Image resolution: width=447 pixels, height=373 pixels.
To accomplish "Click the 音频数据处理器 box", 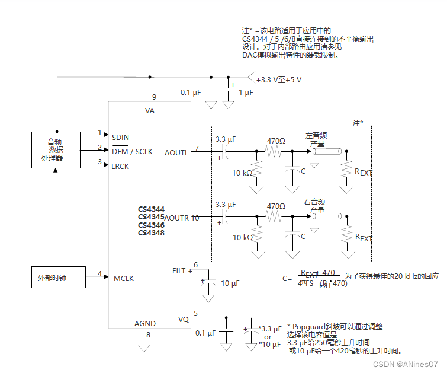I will (55, 149).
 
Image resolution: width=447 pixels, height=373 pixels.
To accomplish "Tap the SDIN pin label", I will (120, 137).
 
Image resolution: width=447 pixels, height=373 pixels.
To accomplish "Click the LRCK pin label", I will (120, 166).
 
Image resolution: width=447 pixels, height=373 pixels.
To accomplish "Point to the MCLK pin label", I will (124, 278).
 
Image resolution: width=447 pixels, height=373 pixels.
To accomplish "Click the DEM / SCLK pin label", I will (132, 152).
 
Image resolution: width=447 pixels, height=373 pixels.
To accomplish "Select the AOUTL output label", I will (176, 152).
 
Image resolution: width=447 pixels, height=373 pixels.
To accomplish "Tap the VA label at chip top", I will (150, 111).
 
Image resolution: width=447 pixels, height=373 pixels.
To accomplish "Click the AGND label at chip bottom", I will (145, 324).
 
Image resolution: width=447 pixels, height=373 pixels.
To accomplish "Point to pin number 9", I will (154, 96).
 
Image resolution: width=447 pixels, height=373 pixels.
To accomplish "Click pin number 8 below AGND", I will (148, 335).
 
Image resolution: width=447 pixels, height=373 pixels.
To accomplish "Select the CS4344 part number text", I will (151, 209).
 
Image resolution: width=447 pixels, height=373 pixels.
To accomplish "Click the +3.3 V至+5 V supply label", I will (278, 80).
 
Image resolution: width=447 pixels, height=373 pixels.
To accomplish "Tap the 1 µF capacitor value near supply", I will (246, 93).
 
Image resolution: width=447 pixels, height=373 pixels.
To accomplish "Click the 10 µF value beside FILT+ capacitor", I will (231, 283).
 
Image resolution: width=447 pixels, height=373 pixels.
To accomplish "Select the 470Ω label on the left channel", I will (276, 141).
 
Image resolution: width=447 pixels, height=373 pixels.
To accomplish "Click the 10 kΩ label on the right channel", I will (242, 237).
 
